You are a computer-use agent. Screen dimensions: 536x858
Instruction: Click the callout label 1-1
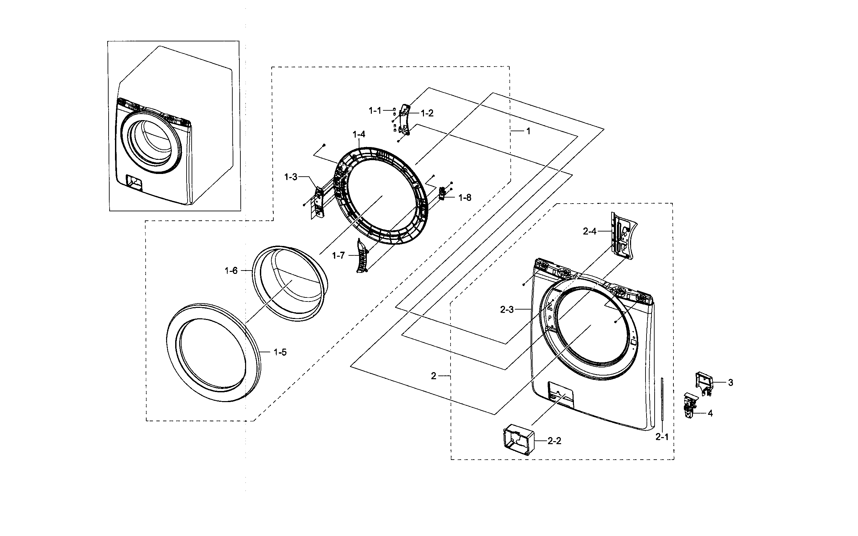[375, 111]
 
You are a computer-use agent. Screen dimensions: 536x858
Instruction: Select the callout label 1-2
[427, 113]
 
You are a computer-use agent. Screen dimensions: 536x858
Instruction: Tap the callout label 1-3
[291, 177]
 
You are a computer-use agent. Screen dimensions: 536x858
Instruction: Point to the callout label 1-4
[359, 134]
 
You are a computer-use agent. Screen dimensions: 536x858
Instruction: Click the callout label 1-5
[280, 352]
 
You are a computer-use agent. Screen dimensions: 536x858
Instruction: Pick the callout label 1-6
[231, 271]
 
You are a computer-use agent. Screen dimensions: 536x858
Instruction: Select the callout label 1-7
[338, 255]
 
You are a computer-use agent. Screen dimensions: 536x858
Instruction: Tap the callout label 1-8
[465, 198]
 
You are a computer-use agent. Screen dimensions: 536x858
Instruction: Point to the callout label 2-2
[554, 441]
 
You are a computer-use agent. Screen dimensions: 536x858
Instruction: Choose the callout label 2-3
[507, 310]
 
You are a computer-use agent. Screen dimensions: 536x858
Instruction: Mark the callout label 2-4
[590, 231]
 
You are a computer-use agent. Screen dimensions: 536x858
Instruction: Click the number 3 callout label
[731, 383]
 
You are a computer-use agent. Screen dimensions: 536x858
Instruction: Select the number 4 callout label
[710, 413]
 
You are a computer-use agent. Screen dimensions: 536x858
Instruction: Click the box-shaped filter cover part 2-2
[518, 441]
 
